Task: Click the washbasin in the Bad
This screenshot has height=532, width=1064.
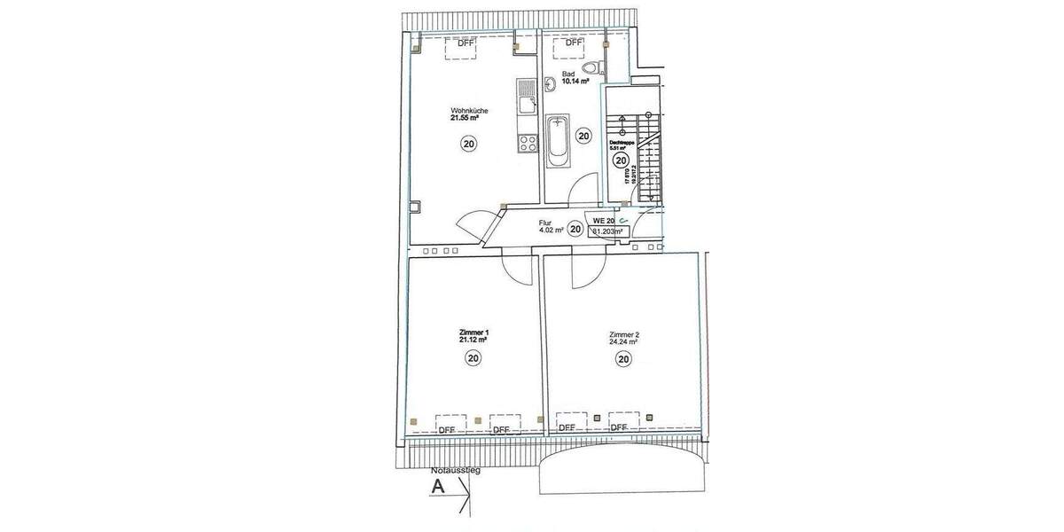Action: coord(550,84)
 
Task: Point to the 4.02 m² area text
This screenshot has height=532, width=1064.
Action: coord(551,231)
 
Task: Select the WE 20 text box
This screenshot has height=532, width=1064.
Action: coord(604,220)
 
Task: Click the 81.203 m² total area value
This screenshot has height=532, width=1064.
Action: coord(607,231)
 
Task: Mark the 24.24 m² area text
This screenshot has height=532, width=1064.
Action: coord(624,342)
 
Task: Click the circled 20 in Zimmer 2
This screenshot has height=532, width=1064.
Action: coord(623,359)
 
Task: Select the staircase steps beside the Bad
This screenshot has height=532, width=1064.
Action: coord(650,160)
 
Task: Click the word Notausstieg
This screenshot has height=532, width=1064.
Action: coord(455,470)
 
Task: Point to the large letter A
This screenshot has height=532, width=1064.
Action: coord(436,486)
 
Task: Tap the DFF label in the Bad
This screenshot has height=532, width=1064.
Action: coord(574,42)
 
